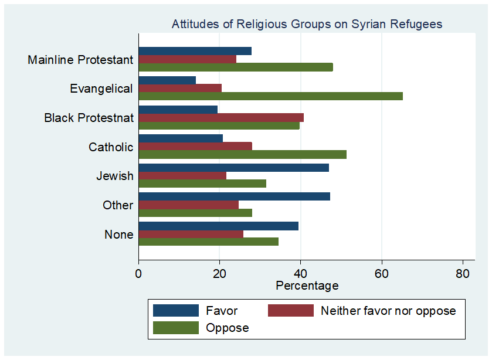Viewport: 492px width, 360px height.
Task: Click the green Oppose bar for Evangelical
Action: point(270,96)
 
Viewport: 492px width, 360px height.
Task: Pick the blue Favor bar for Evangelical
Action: point(167,80)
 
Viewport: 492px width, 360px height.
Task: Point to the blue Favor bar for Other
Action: point(234,196)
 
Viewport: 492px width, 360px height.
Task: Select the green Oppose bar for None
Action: point(208,242)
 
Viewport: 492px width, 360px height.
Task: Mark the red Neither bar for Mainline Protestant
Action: point(187,59)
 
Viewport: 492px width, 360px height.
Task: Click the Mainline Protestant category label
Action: point(80,60)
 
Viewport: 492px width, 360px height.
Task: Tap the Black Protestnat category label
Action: point(89,118)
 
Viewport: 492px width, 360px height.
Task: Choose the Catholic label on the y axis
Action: point(111,147)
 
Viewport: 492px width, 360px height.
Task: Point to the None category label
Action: point(119,235)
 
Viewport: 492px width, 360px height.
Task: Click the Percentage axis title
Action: point(307,286)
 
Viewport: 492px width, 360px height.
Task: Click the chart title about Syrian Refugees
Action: point(307,24)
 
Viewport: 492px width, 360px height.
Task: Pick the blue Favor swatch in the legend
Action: point(175,310)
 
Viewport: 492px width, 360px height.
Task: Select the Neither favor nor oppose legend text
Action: point(388,310)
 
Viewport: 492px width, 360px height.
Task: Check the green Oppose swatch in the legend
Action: point(175,328)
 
